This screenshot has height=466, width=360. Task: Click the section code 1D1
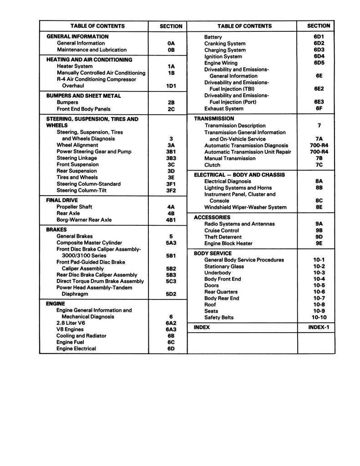[x=171, y=86]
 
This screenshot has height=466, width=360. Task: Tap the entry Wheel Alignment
[x=77, y=145]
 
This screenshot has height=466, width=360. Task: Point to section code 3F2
[x=171, y=191]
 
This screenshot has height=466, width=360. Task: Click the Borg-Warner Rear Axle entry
[x=84, y=220]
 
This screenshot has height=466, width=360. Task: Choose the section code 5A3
[x=171, y=243]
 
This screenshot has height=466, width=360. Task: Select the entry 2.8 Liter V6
[x=71, y=323]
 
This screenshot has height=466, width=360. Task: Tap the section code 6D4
[x=319, y=56]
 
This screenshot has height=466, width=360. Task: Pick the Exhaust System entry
[x=223, y=109]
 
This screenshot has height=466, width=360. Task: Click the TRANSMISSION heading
[x=214, y=119]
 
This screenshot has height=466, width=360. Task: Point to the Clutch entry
[x=212, y=165]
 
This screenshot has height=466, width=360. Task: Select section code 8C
[x=319, y=201]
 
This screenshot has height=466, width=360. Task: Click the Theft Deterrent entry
[x=223, y=237]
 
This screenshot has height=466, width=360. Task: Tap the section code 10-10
[x=319, y=318]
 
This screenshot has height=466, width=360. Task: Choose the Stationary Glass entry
[x=224, y=266]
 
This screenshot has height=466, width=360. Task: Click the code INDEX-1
[x=319, y=328]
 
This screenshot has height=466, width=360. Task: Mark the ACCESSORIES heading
[x=212, y=218]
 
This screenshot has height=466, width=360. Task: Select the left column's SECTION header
[x=171, y=26]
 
